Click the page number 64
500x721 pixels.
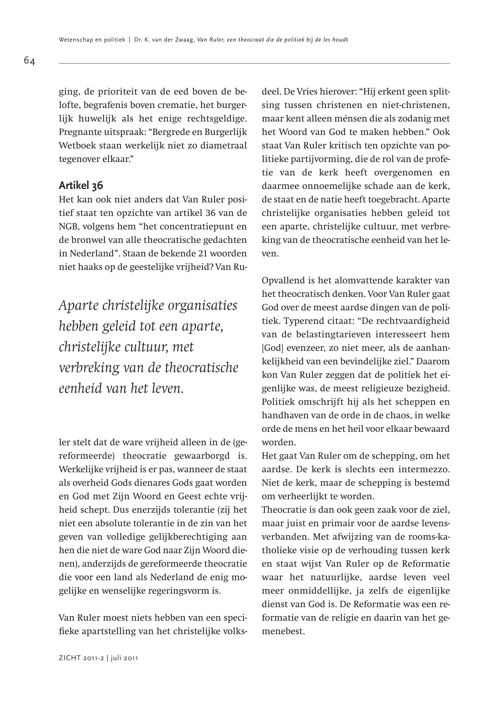click(30, 60)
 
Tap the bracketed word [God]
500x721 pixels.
click(273, 348)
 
